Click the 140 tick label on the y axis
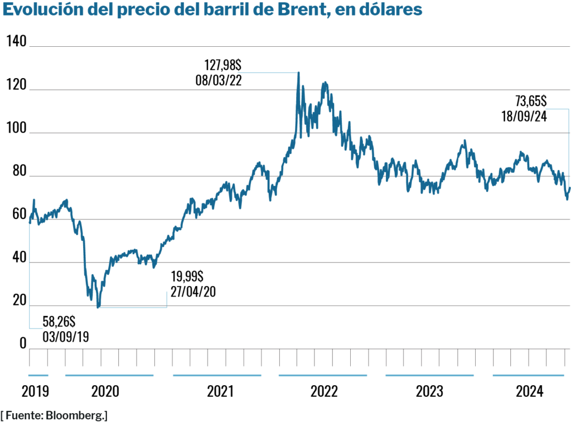coord(16,41)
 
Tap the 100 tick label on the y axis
coord(16,128)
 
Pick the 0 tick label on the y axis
coord(23,343)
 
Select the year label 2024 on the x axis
coord(530,391)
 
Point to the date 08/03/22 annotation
coord(219,80)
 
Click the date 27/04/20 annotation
coord(191,292)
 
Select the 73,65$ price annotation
coord(530,101)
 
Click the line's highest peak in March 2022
coord(298,72)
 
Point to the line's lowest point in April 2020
coord(99,307)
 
